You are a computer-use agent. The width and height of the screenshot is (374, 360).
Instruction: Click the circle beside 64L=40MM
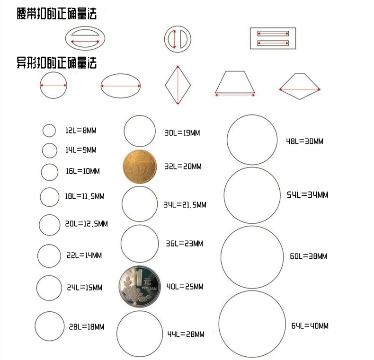coord(252,324)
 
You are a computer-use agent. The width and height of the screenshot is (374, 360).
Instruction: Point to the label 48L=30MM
coord(304,141)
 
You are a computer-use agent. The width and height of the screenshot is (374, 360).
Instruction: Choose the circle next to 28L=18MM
coord(50,326)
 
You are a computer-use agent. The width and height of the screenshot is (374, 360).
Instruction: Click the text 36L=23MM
coord(184,244)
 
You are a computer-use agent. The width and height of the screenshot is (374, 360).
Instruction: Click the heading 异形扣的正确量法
coord(56,62)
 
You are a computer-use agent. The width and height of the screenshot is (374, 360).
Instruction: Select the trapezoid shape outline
coord(235,84)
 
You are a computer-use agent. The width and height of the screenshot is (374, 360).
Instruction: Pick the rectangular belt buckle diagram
coord(273,38)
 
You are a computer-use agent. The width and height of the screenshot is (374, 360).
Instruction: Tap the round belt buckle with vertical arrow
coord(178,38)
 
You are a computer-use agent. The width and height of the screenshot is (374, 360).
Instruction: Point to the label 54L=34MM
coord(307,195)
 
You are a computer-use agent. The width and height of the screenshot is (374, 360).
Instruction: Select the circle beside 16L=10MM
coord(49,172)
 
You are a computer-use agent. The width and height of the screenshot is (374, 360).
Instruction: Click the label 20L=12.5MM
coord(86,224)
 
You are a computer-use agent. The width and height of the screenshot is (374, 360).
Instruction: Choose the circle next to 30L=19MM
coord(140,130)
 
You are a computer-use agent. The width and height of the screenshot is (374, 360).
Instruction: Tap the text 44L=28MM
coord(186,334)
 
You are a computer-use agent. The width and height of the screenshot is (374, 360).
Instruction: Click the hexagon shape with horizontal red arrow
coord(300,87)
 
